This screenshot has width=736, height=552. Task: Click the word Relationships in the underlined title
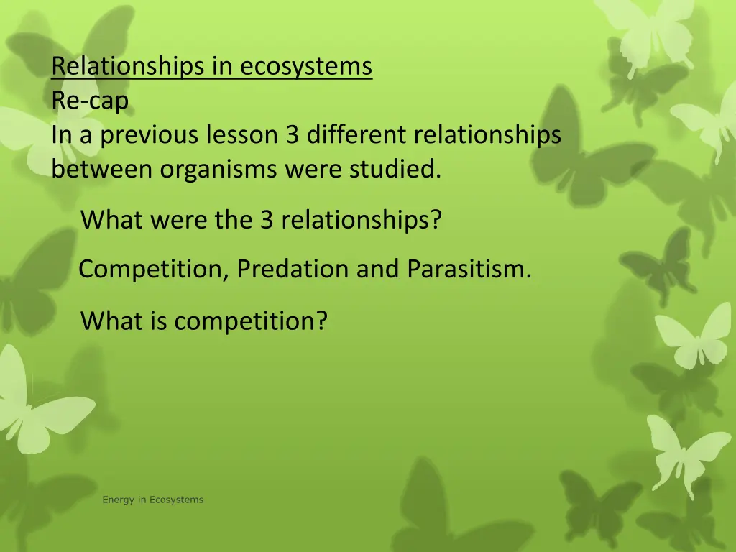[x=129, y=67]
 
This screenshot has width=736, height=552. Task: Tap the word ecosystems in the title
[x=306, y=67]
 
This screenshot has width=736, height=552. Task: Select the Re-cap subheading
[x=90, y=101]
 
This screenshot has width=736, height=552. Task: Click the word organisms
[x=219, y=170]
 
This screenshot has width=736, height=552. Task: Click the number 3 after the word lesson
[x=292, y=135]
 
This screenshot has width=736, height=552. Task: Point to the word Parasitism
[x=469, y=270]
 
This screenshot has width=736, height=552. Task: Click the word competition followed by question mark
[x=250, y=321]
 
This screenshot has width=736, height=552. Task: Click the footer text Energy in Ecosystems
[x=152, y=500]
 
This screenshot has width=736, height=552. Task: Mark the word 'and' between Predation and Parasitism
[x=379, y=270]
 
